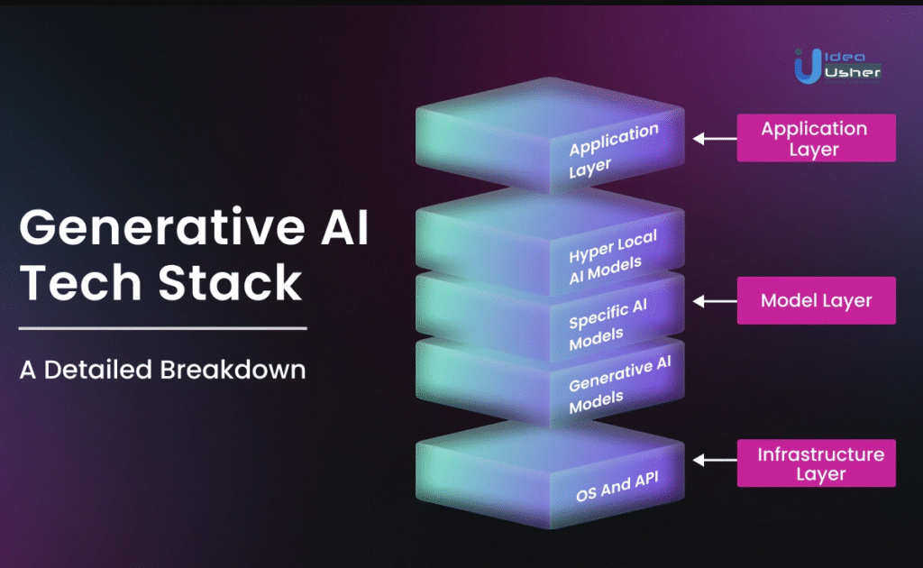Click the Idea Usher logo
[837, 66]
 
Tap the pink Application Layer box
[817, 138]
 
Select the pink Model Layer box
[817, 301]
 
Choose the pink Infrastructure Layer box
[817, 463]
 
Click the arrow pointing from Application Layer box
[715, 139]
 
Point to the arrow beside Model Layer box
[715, 301]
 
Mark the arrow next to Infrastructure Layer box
[715, 461]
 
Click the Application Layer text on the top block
[613, 151]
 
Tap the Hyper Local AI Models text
[612, 257]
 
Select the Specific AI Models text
[608, 325]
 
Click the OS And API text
[617, 487]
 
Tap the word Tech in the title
[80, 282]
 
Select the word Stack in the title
[230, 282]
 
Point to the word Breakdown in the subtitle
[233, 370]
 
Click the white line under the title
[163, 328]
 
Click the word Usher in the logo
[853, 72]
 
